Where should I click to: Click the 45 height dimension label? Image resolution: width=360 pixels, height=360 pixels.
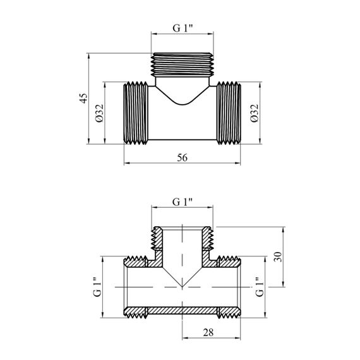pos(83,98)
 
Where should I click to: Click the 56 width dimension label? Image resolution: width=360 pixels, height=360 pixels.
pos(182,158)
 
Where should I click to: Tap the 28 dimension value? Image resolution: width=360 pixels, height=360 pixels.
pos(208,332)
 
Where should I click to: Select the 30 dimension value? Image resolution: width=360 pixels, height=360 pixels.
pos(277,256)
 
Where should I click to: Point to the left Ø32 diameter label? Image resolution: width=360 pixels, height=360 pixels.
pos(100,113)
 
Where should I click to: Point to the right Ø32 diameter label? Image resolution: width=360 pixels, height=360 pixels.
pos(255,113)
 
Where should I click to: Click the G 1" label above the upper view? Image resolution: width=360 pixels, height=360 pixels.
pos(183,28)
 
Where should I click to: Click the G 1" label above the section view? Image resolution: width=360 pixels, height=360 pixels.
pos(183,202)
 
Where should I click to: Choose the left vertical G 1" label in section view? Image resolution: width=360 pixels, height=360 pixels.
pos(97,287)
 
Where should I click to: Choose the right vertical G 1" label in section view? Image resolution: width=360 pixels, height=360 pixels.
pos(260,287)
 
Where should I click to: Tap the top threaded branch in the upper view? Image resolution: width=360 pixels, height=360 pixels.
pos(182,65)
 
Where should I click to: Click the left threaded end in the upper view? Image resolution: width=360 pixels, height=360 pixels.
pos(136,113)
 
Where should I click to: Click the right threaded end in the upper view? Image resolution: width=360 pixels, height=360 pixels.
pos(229,113)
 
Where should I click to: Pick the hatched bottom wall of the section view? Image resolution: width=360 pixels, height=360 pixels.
pos(182,311)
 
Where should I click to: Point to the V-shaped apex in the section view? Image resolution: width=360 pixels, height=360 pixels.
pos(182,287)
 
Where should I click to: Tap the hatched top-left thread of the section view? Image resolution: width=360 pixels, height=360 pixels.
pos(136,261)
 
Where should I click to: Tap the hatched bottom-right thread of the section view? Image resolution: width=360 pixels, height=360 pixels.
pos(229,313)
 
